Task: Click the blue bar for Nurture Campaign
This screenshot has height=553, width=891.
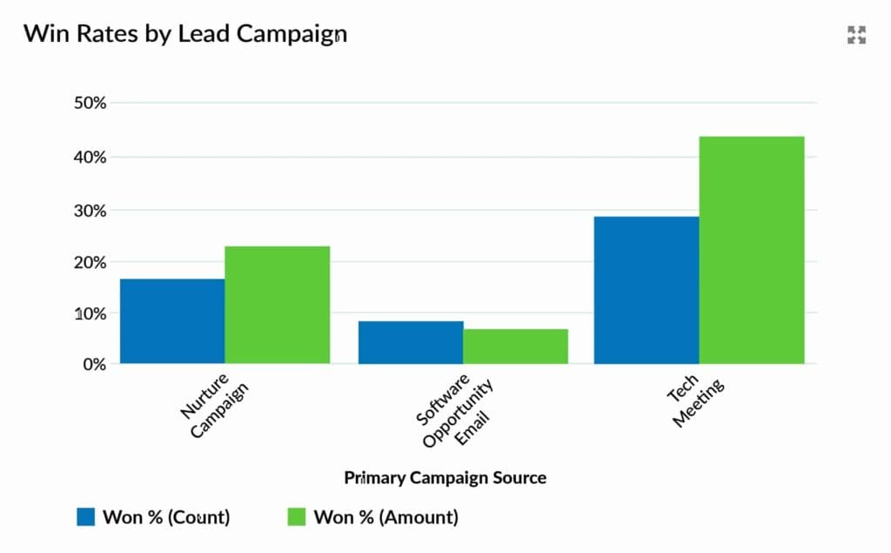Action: point(172,320)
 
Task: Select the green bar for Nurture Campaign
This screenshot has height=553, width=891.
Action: point(277,305)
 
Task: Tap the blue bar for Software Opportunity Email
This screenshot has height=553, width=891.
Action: point(411,342)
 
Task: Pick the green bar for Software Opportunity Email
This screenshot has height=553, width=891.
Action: point(515,346)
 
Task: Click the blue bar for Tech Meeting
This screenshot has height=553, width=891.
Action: point(646,290)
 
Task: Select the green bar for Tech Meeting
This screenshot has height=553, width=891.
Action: point(752,250)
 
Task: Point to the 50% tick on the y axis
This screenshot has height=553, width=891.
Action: point(90,103)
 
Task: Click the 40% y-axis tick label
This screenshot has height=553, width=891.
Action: point(90,157)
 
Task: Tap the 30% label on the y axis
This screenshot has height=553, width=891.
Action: point(90,210)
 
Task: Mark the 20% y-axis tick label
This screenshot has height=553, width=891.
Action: point(90,262)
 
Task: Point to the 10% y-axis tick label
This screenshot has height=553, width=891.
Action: point(90,313)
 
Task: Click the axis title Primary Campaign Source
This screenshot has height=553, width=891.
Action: point(445,477)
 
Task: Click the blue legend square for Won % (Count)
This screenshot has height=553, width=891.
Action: point(85,517)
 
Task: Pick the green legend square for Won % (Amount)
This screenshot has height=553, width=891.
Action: point(297,517)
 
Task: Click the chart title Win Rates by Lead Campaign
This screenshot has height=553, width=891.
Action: point(184,34)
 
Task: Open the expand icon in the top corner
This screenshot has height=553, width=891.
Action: point(857,35)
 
